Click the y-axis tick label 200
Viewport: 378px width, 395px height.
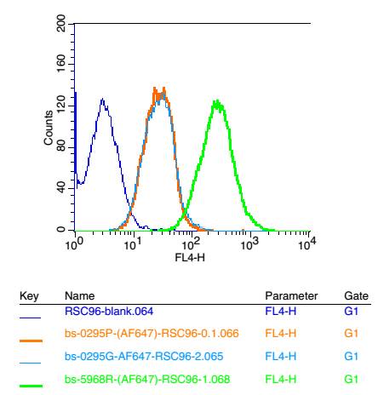(61, 23)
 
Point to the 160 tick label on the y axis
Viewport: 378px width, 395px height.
(61, 64)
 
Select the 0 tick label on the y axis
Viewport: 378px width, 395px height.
(61, 229)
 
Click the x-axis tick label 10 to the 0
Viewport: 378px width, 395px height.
(74, 243)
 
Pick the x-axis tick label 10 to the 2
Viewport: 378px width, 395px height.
(191, 243)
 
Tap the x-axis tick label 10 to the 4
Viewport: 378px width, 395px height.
(307, 243)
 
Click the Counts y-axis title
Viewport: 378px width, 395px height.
(49, 128)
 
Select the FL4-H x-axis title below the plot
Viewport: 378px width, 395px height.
(190, 258)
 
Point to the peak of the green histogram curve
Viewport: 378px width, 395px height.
(217, 100)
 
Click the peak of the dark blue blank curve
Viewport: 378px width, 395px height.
(102, 99)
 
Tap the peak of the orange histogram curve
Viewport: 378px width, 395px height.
(154, 88)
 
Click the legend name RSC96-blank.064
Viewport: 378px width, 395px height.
(109, 312)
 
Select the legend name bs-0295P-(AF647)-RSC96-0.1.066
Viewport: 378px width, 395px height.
(152, 333)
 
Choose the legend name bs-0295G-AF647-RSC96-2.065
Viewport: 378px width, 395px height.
(144, 356)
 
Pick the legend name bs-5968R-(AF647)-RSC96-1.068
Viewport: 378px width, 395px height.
(147, 379)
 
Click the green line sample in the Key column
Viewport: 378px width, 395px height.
(31, 386)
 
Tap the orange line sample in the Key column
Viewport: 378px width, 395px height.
(31, 341)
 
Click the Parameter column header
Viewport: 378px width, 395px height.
(291, 296)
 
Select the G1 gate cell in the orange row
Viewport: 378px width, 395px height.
(351, 333)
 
